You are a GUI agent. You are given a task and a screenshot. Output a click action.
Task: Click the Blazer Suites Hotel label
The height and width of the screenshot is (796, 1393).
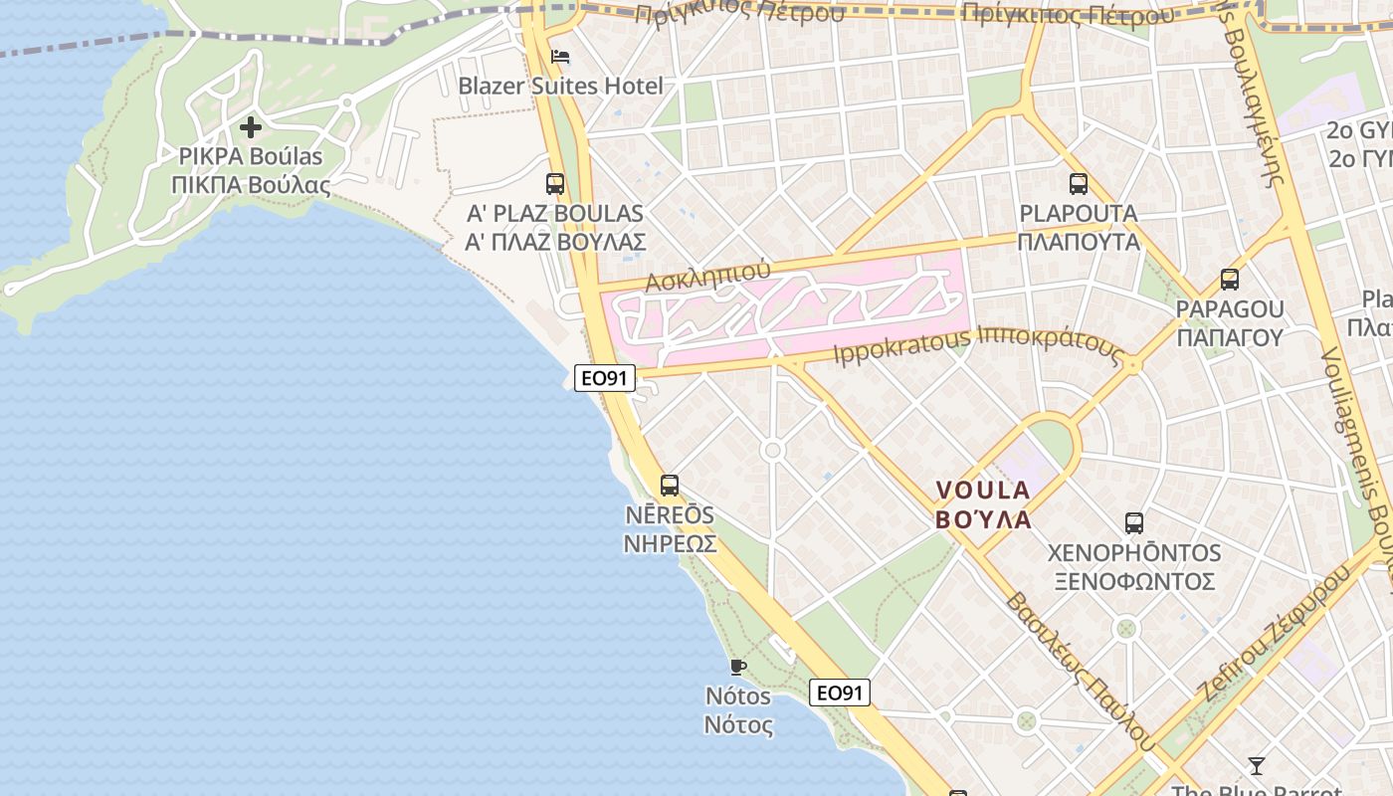click(560, 86)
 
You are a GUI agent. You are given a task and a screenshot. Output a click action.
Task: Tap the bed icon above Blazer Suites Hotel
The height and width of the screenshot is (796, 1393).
click(560, 56)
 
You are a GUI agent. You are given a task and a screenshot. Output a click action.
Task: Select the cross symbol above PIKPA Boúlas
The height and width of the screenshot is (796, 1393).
click(251, 127)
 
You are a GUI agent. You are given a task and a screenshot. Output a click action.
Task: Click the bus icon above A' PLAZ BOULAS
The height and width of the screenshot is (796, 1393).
click(555, 183)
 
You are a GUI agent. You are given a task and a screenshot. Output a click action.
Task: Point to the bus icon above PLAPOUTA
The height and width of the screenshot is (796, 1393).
click(1079, 183)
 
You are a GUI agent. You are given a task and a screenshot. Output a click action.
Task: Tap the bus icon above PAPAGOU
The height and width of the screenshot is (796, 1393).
click(1230, 280)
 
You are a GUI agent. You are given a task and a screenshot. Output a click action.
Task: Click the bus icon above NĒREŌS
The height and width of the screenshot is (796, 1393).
click(670, 486)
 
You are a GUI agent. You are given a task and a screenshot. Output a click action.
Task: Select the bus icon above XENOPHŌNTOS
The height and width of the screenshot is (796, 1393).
click(1133, 522)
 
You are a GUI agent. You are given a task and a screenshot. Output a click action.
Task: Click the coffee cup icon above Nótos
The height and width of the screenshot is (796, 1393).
click(737, 666)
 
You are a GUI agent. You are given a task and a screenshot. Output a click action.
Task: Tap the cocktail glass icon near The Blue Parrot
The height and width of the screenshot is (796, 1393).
click(1257, 765)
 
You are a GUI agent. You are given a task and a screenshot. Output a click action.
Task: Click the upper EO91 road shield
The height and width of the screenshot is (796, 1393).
click(605, 378)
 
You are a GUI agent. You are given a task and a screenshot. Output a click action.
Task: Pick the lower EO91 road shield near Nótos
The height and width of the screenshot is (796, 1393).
click(840, 693)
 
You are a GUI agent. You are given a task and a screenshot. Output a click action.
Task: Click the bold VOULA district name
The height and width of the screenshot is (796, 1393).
click(983, 490)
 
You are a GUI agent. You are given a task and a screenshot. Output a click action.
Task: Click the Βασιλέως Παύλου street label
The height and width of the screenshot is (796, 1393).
click(1079, 672)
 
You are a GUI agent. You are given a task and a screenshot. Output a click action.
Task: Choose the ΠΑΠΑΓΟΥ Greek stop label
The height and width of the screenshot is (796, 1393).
click(1230, 337)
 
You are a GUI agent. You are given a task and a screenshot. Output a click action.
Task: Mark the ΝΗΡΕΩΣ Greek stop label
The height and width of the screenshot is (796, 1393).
click(670, 543)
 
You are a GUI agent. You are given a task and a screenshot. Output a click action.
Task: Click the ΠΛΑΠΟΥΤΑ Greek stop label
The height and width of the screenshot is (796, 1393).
click(1079, 241)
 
